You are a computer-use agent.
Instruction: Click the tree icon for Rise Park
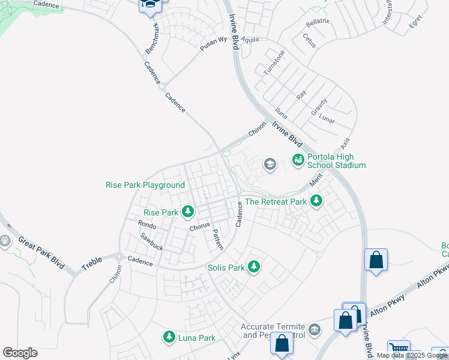[188, 212]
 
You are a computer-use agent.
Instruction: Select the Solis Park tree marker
[254, 267]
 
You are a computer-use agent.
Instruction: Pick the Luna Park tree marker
[170, 338]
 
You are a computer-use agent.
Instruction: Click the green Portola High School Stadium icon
[297, 160]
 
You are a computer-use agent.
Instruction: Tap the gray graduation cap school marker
[270, 164]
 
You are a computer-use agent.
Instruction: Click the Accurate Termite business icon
[315, 329]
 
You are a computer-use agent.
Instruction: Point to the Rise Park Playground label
[145, 185]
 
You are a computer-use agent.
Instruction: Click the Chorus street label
[199, 227]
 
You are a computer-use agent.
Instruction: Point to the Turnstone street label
[274, 62]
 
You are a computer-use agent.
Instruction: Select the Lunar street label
[327, 118]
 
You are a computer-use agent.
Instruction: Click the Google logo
[20, 353]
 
